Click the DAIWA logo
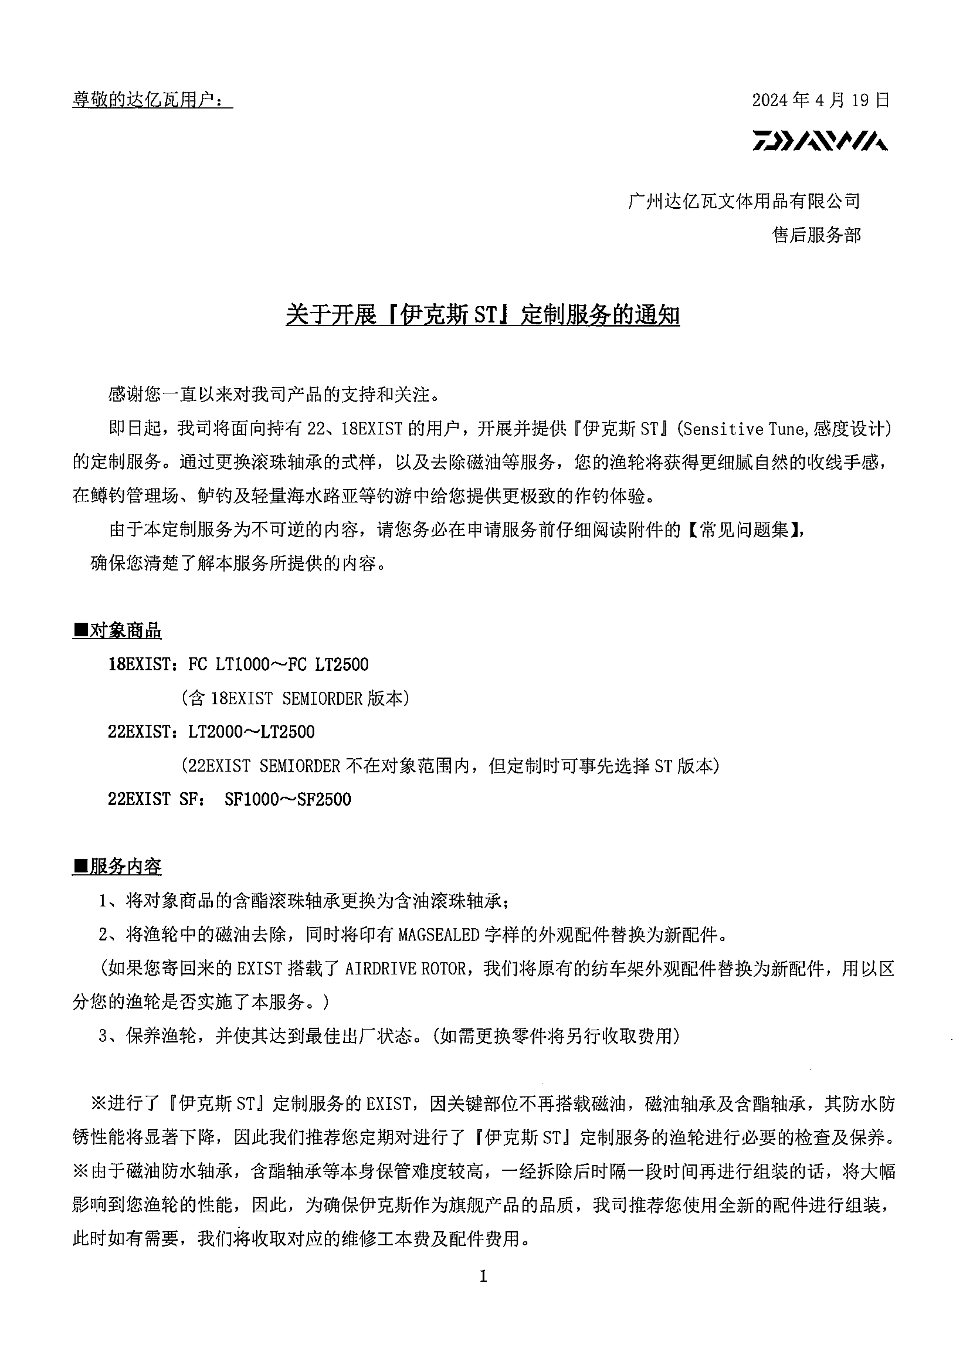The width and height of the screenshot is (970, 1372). click(819, 140)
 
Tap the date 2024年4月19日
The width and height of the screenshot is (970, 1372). click(821, 100)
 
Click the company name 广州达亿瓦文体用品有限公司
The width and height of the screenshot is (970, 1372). click(744, 201)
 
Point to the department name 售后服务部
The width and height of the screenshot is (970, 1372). click(816, 235)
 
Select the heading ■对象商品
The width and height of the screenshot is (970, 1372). click(117, 630)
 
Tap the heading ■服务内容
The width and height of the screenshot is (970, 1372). click(117, 867)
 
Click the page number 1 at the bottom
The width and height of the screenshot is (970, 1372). click(484, 1277)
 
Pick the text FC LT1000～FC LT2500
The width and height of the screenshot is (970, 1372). click(278, 665)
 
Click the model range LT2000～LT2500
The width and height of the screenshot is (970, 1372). click(252, 732)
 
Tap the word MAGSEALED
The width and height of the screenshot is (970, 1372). click(439, 934)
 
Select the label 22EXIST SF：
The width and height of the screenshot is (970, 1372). click(157, 799)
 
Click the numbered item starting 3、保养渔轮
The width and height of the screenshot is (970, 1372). click(389, 1035)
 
